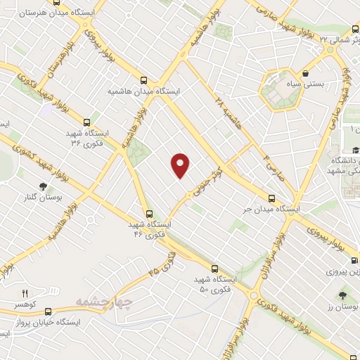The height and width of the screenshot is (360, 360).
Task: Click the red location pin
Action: [x=181, y=165]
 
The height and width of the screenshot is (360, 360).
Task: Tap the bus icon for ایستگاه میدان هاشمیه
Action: [x=144, y=80]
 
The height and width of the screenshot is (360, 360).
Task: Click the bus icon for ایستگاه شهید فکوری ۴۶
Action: [x=148, y=213]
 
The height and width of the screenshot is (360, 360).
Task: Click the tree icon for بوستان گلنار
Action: [x=44, y=186]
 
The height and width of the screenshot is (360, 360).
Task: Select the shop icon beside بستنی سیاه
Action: [x=307, y=72]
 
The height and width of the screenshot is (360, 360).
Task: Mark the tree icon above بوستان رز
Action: [x=342, y=295]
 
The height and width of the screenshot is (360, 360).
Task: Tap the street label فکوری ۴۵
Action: [x=161, y=266]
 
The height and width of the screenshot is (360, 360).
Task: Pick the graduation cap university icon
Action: [x=355, y=150]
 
